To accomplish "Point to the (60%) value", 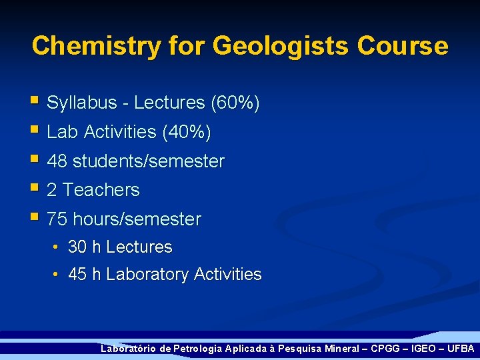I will coord(235,103).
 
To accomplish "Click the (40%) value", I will coord(187,133).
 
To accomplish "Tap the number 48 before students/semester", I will coord(57,161).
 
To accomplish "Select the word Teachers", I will coord(101,190).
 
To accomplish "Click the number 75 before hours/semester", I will coord(57,219).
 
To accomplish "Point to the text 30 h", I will coord(85,247).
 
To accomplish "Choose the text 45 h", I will coord(85,275).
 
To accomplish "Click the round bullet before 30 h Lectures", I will coord(56,248).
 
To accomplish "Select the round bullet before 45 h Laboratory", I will coord(56,275).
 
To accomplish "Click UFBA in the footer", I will coord(461,349).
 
